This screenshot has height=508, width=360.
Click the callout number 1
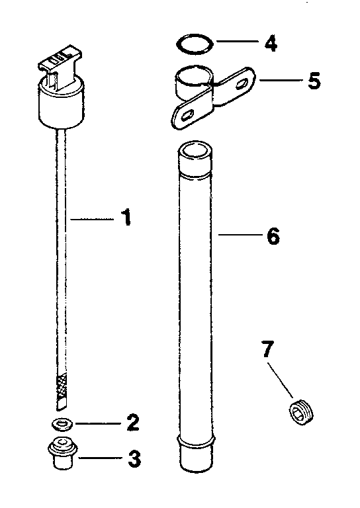tap(124, 219)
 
